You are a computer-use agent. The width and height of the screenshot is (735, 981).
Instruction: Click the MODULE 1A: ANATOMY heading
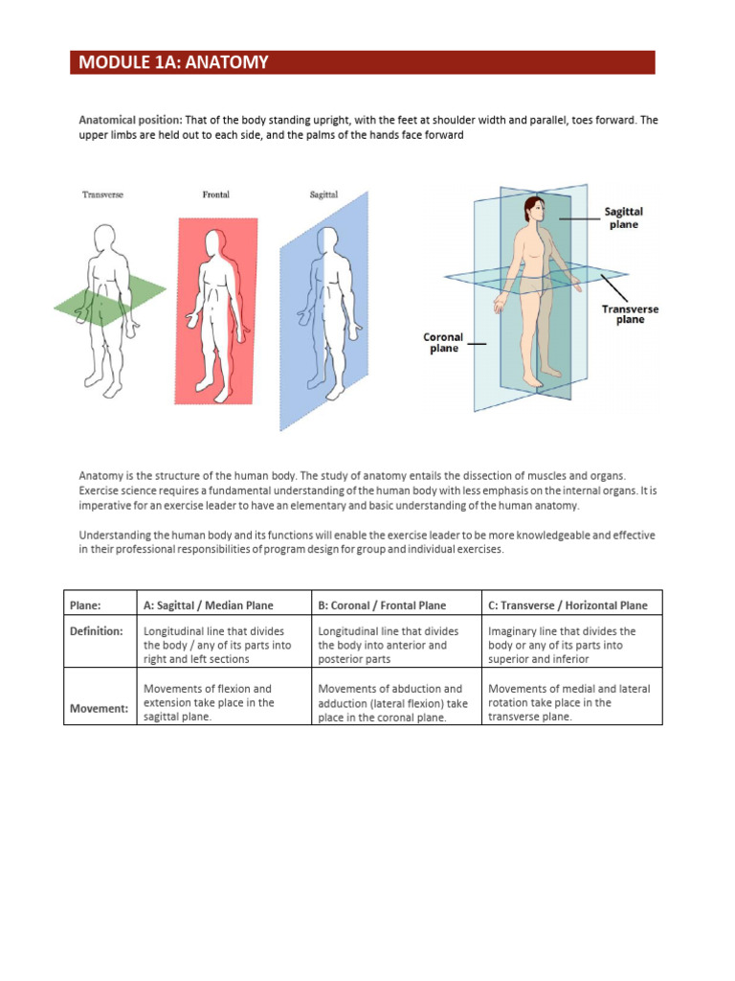tap(173, 63)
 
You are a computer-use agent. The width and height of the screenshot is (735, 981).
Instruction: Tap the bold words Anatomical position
tap(129, 121)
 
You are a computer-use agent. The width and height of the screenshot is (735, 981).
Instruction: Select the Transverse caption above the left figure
tap(102, 194)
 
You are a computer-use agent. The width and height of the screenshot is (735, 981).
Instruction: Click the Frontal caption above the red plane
tap(216, 194)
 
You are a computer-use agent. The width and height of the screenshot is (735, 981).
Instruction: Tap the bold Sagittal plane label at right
tap(623, 217)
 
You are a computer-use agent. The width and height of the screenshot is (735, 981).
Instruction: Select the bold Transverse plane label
tap(630, 314)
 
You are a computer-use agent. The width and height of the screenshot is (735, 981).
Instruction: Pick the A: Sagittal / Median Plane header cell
tap(208, 605)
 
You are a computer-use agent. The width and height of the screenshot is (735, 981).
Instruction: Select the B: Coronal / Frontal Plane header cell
tap(382, 605)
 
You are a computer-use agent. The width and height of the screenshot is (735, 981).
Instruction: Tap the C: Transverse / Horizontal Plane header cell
tap(568, 605)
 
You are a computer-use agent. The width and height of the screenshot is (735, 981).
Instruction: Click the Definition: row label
tap(96, 631)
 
